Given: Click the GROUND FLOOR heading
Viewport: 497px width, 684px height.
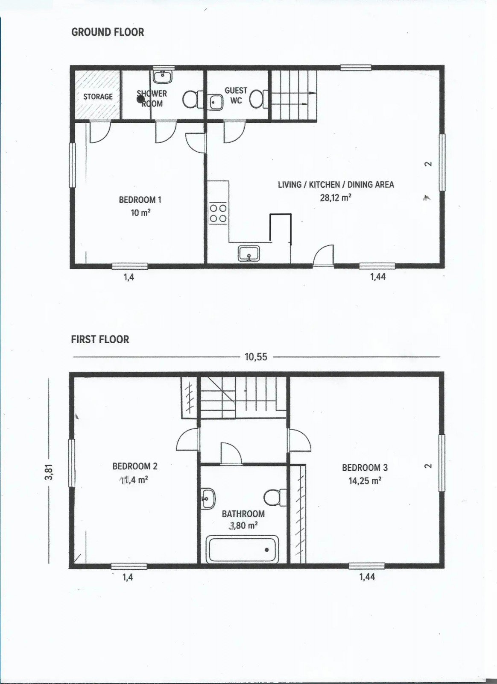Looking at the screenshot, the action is [x=107, y=32].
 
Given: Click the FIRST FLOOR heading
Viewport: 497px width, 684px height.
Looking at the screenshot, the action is [x=100, y=339].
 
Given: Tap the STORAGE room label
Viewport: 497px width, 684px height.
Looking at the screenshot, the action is [x=98, y=97].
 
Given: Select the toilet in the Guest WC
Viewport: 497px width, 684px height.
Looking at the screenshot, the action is [x=259, y=99].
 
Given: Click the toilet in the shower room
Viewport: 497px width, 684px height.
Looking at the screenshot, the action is [x=193, y=99].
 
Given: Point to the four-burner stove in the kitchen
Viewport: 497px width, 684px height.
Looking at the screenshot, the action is [x=218, y=213].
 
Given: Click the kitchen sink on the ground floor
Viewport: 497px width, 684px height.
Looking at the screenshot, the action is [x=249, y=254].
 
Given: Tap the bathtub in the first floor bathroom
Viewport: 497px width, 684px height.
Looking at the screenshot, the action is [x=243, y=549].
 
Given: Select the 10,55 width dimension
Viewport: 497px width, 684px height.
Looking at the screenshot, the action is [x=256, y=357].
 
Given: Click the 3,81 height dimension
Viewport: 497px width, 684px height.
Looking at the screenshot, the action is [x=49, y=472].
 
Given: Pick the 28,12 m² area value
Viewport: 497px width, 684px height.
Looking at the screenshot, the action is [x=336, y=198].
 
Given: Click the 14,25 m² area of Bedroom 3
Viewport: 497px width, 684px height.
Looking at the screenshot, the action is [x=365, y=481].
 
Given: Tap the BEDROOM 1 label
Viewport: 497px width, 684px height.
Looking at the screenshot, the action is [x=140, y=200].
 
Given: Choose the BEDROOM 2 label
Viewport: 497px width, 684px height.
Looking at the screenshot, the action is [x=135, y=466].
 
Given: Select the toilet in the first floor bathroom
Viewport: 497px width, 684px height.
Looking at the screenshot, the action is [x=275, y=498].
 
